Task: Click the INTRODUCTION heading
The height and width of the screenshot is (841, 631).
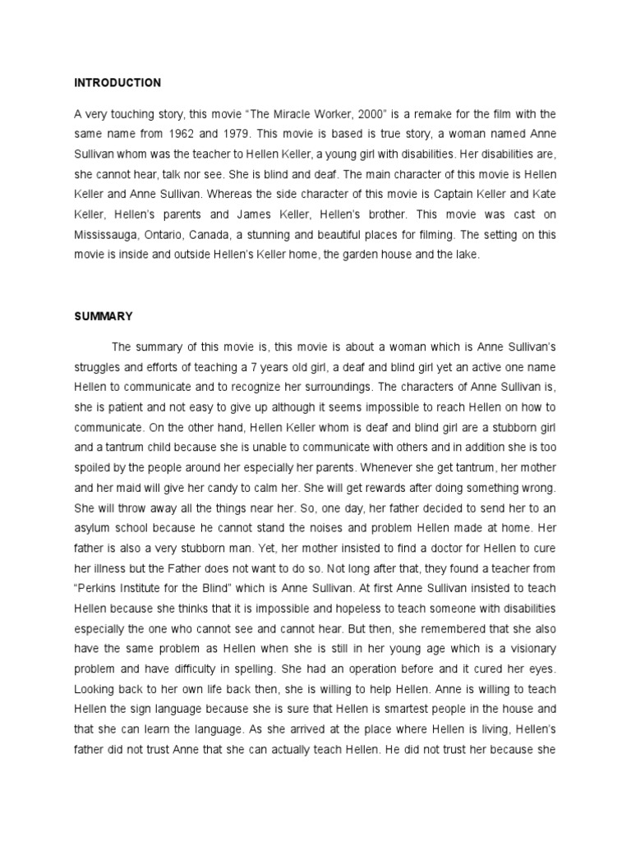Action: [x=117, y=83]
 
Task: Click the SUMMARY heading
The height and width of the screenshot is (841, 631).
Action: [x=103, y=315]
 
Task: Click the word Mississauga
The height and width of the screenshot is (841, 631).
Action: [x=108, y=234]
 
